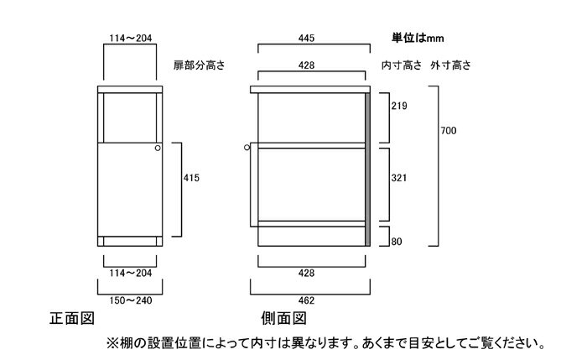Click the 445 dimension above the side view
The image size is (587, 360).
coord(306,38)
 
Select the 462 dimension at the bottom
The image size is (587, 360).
coord(306,300)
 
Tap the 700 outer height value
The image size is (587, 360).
coord(449,131)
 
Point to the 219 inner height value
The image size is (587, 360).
coord(399,106)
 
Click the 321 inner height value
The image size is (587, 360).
coord(399,178)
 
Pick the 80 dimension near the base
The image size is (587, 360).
coord(397,242)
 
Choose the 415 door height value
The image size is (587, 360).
coord(191,178)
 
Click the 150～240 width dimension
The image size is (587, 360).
coord(131,300)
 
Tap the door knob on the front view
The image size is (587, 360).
coord(158,148)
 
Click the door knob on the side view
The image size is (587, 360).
coord(247,148)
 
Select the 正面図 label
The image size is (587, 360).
coord(72,318)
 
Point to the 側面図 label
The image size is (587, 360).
coord(283,318)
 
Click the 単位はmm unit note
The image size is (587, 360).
coord(418,38)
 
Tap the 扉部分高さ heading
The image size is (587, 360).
coord(199,65)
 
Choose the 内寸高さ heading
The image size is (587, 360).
coord(402,65)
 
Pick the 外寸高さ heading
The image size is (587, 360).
coord(451,65)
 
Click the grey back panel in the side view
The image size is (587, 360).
coord(367,170)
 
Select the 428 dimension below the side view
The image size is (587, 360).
coord(306,273)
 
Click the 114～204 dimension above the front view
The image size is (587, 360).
coord(131,38)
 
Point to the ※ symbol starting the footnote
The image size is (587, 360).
coord(112,342)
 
